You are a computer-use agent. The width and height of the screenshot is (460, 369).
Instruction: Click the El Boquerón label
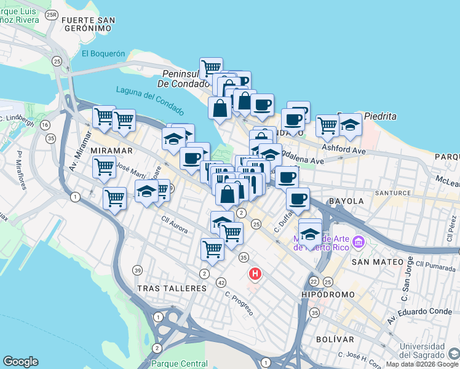coord(103,54)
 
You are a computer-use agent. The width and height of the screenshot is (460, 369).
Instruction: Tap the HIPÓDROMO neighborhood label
coord(329,295)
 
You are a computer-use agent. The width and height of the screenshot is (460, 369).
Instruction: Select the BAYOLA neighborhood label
coord(347,201)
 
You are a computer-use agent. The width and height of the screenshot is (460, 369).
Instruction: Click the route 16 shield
coord(44,125)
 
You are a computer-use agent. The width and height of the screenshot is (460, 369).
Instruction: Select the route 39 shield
coord(137,271)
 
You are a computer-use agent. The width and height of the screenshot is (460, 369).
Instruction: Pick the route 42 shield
coord(221,282)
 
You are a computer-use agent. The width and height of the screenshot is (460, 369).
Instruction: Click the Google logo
coord(20,362)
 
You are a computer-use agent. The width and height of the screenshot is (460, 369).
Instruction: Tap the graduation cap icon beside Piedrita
coord(350,125)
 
